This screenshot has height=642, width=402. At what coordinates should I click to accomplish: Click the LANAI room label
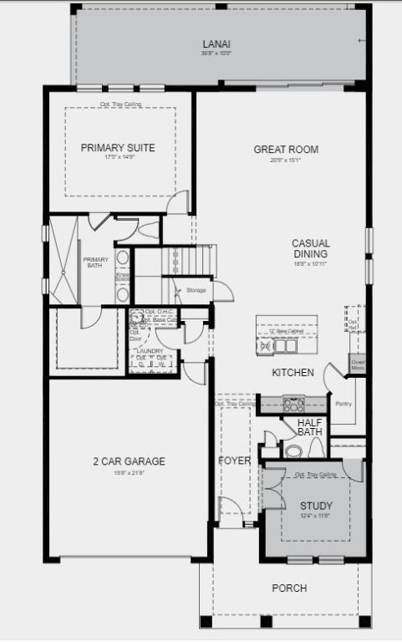[x=216, y=44]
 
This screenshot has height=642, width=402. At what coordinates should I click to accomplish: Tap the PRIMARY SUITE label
[x=118, y=148]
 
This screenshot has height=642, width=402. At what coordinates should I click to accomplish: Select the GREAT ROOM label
[x=286, y=150]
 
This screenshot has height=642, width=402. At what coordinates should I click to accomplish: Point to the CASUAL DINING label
[x=310, y=248]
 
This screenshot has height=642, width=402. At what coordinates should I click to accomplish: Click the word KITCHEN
[x=293, y=372]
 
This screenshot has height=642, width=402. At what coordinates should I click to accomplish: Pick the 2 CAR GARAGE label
[x=129, y=461]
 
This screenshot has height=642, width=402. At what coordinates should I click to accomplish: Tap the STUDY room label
[x=317, y=506]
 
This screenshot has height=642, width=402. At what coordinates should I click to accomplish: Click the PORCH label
[x=289, y=588]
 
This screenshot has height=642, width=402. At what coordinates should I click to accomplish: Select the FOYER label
[x=235, y=461]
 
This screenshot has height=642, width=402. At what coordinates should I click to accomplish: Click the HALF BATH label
[x=310, y=426]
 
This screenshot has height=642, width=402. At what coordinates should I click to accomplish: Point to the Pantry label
[x=343, y=404]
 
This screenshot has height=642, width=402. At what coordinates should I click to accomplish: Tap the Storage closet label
[x=196, y=290]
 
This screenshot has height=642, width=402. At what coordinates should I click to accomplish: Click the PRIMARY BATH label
[x=95, y=262]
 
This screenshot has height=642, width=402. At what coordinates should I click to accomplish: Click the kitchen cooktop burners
[x=293, y=404]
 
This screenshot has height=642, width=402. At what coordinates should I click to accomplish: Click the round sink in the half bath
[x=293, y=451]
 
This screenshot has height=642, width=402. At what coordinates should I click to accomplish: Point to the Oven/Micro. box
[x=357, y=364]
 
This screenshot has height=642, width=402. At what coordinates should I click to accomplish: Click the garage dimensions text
[x=129, y=473]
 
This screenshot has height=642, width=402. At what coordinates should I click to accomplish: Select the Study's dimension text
[x=317, y=516]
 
